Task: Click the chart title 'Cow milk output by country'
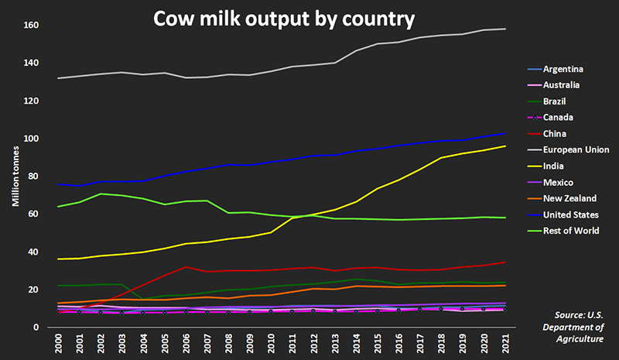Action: click(x=284, y=18)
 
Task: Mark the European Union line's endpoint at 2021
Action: click(x=505, y=29)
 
